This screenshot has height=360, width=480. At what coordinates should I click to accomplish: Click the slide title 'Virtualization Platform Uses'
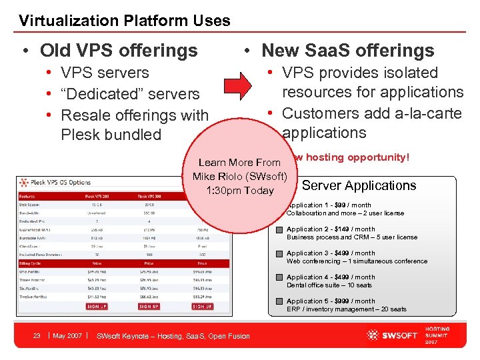click(125, 21)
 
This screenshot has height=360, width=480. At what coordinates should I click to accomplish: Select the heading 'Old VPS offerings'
click(119, 51)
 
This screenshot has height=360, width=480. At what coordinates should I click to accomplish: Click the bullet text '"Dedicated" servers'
click(130, 94)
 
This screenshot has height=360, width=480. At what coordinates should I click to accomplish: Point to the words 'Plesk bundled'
click(111, 135)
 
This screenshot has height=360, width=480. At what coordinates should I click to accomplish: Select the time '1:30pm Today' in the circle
click(240, 191)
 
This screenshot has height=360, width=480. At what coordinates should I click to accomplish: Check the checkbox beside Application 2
click(280, 230)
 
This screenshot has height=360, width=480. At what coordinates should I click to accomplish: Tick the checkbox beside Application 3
click(280, 254)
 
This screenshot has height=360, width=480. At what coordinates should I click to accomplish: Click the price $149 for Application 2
click(343, 229)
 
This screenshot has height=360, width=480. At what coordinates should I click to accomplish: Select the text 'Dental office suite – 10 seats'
click(329, 285)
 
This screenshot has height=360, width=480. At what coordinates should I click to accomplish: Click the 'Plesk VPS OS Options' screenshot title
click(59, 182)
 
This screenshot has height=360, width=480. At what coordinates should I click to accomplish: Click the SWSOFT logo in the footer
click(398, 335)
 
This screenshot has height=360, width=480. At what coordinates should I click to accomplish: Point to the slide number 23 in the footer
click(37, 336)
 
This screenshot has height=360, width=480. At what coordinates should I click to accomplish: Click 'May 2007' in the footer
click(67, 336)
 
